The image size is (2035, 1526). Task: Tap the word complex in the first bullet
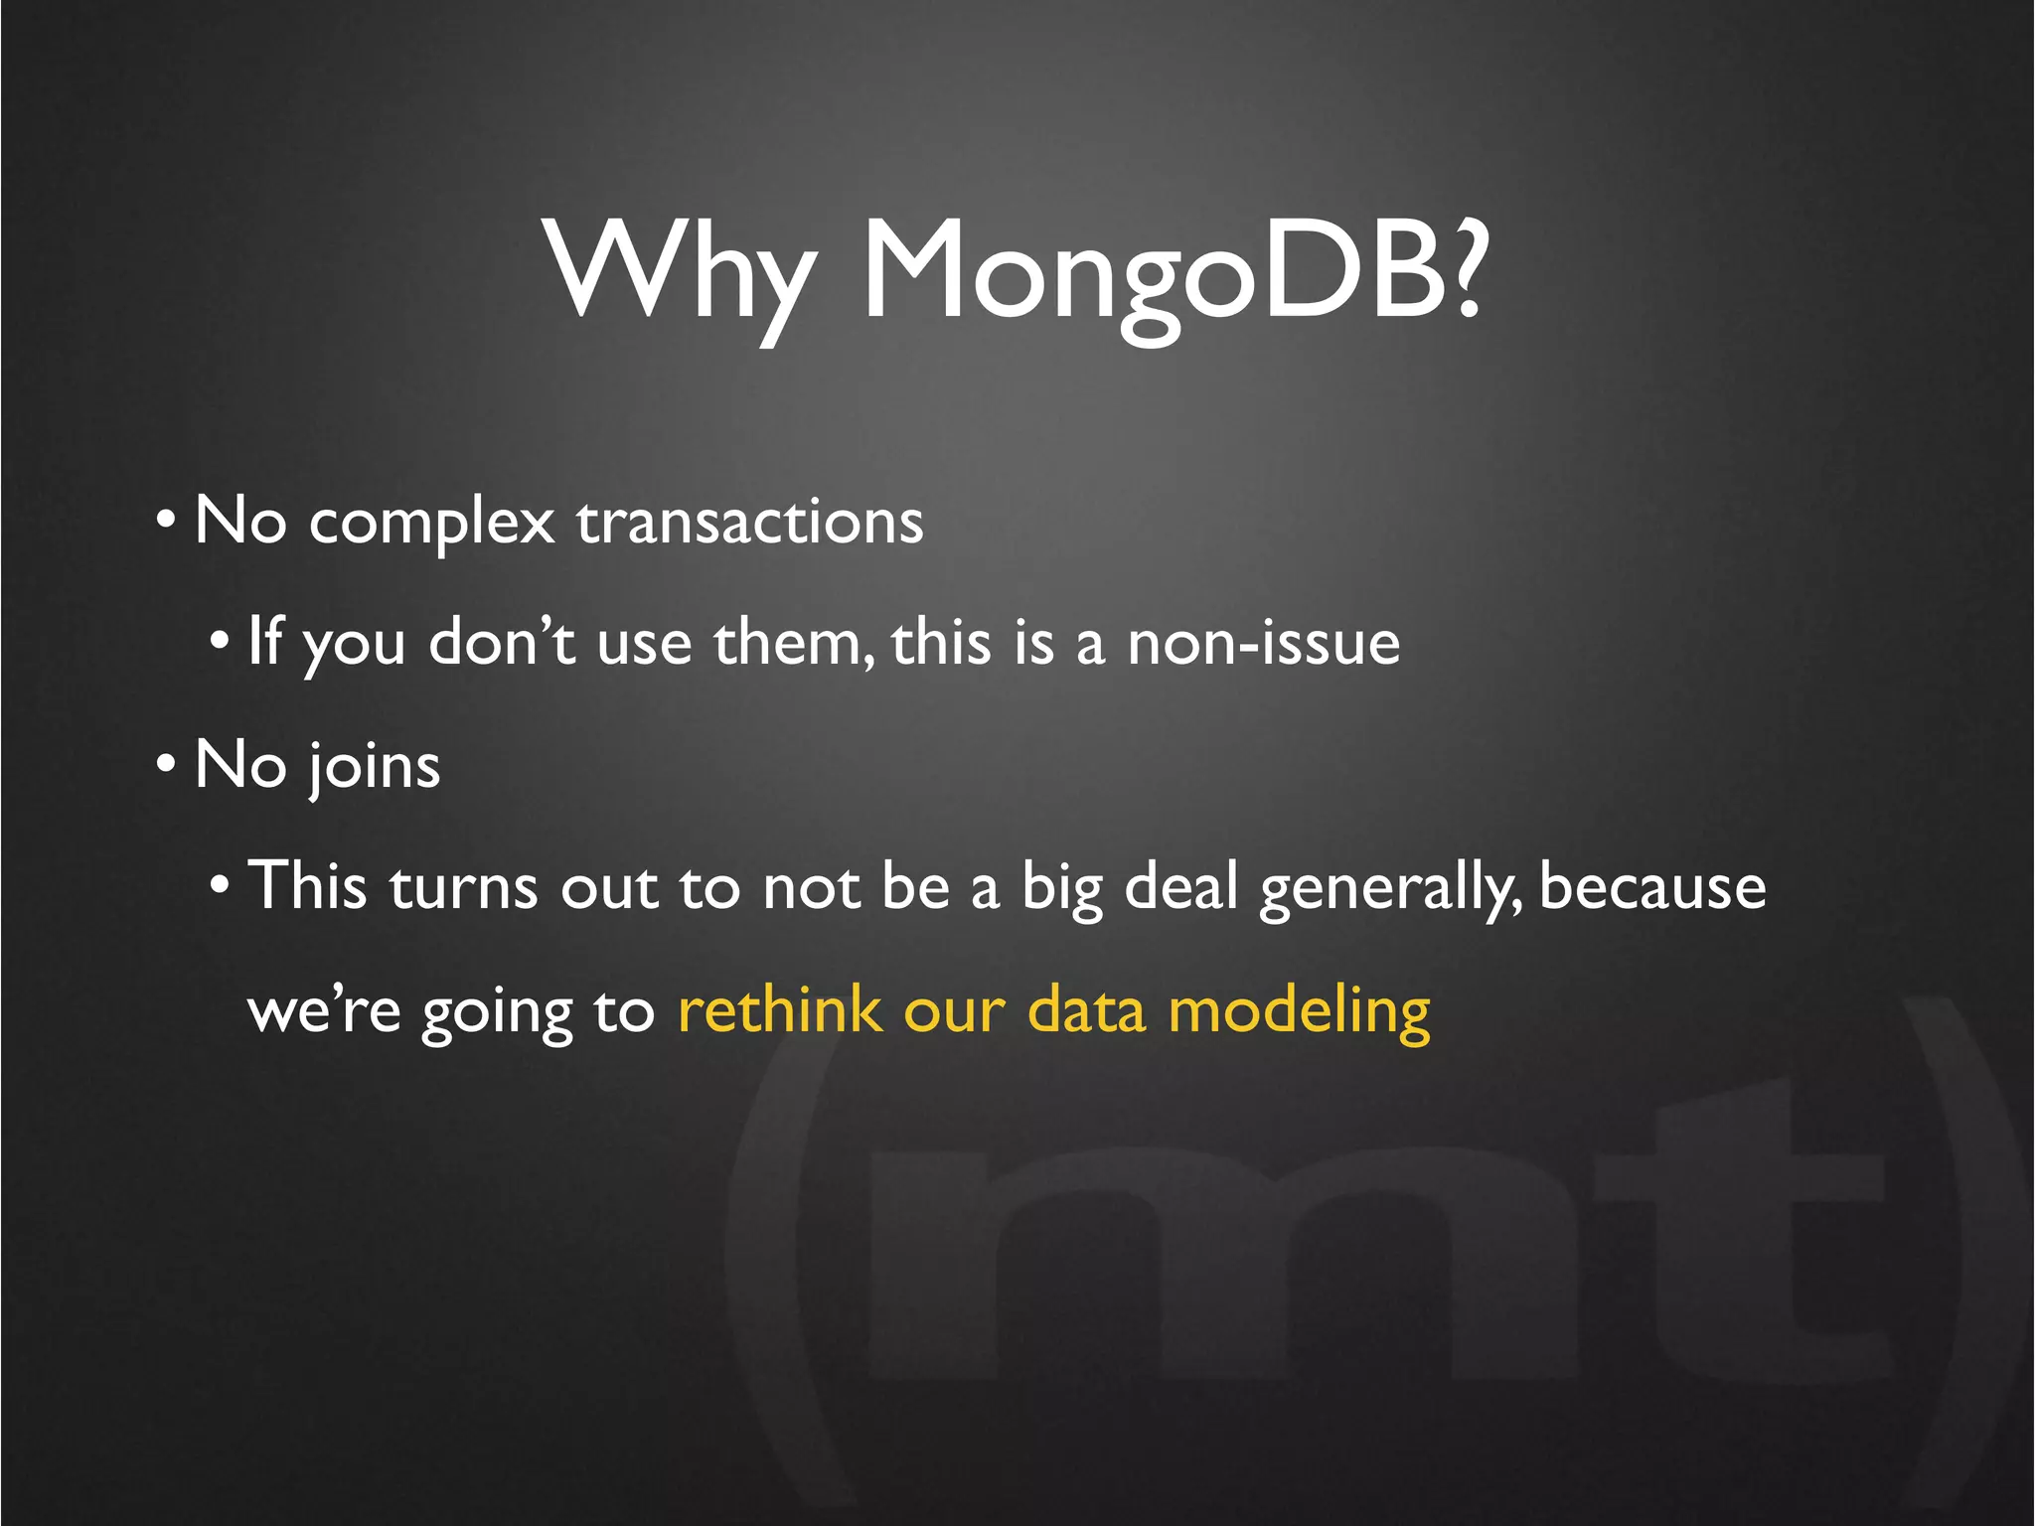point(431,523)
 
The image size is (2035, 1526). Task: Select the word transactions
point(750,523)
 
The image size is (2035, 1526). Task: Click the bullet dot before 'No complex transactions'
point(167,520)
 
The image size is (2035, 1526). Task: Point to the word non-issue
point(1263,643)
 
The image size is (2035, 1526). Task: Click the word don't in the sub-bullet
point(502,643)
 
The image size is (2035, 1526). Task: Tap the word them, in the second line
point(795,643)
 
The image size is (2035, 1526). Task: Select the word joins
point(373,767)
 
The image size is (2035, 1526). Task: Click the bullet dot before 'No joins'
point(167,765)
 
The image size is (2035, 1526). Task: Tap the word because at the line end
point(1652,887)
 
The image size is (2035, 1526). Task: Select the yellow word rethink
point(779,1010)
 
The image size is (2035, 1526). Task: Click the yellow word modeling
point(1299,1012)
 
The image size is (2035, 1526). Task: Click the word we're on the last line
point(324,1012)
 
